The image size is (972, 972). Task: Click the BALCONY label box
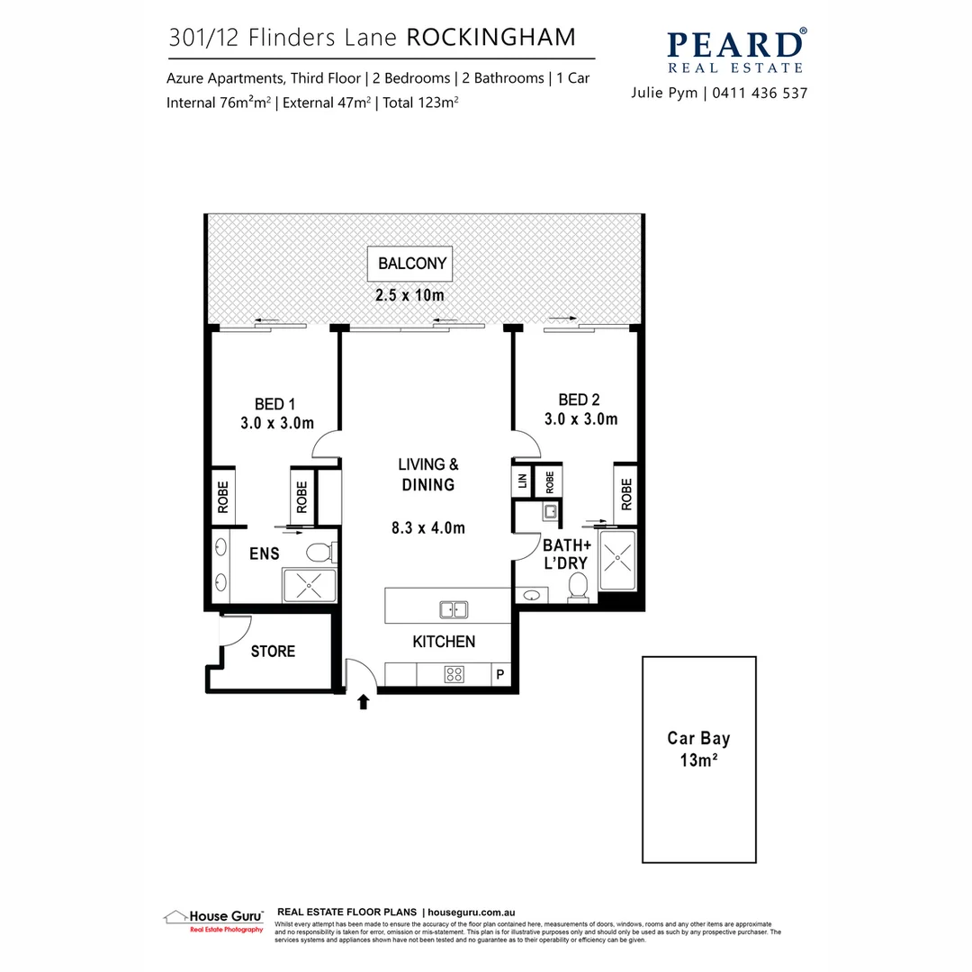(412, 265)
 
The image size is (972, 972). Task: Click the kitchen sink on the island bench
(454, 609)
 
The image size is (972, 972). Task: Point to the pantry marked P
(499, 674)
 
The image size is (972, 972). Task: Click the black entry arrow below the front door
(364, 702)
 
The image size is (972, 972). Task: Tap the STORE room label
(273, 651)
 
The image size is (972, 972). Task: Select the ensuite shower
(309, 585)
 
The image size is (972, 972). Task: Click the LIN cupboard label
(522, 481)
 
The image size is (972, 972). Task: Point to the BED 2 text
(579, 400)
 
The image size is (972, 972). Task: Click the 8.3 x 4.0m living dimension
(428, 528)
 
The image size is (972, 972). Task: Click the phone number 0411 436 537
(761, 93)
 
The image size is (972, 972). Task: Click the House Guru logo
(213, 920)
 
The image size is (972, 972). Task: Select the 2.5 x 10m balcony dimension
(412, 295)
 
